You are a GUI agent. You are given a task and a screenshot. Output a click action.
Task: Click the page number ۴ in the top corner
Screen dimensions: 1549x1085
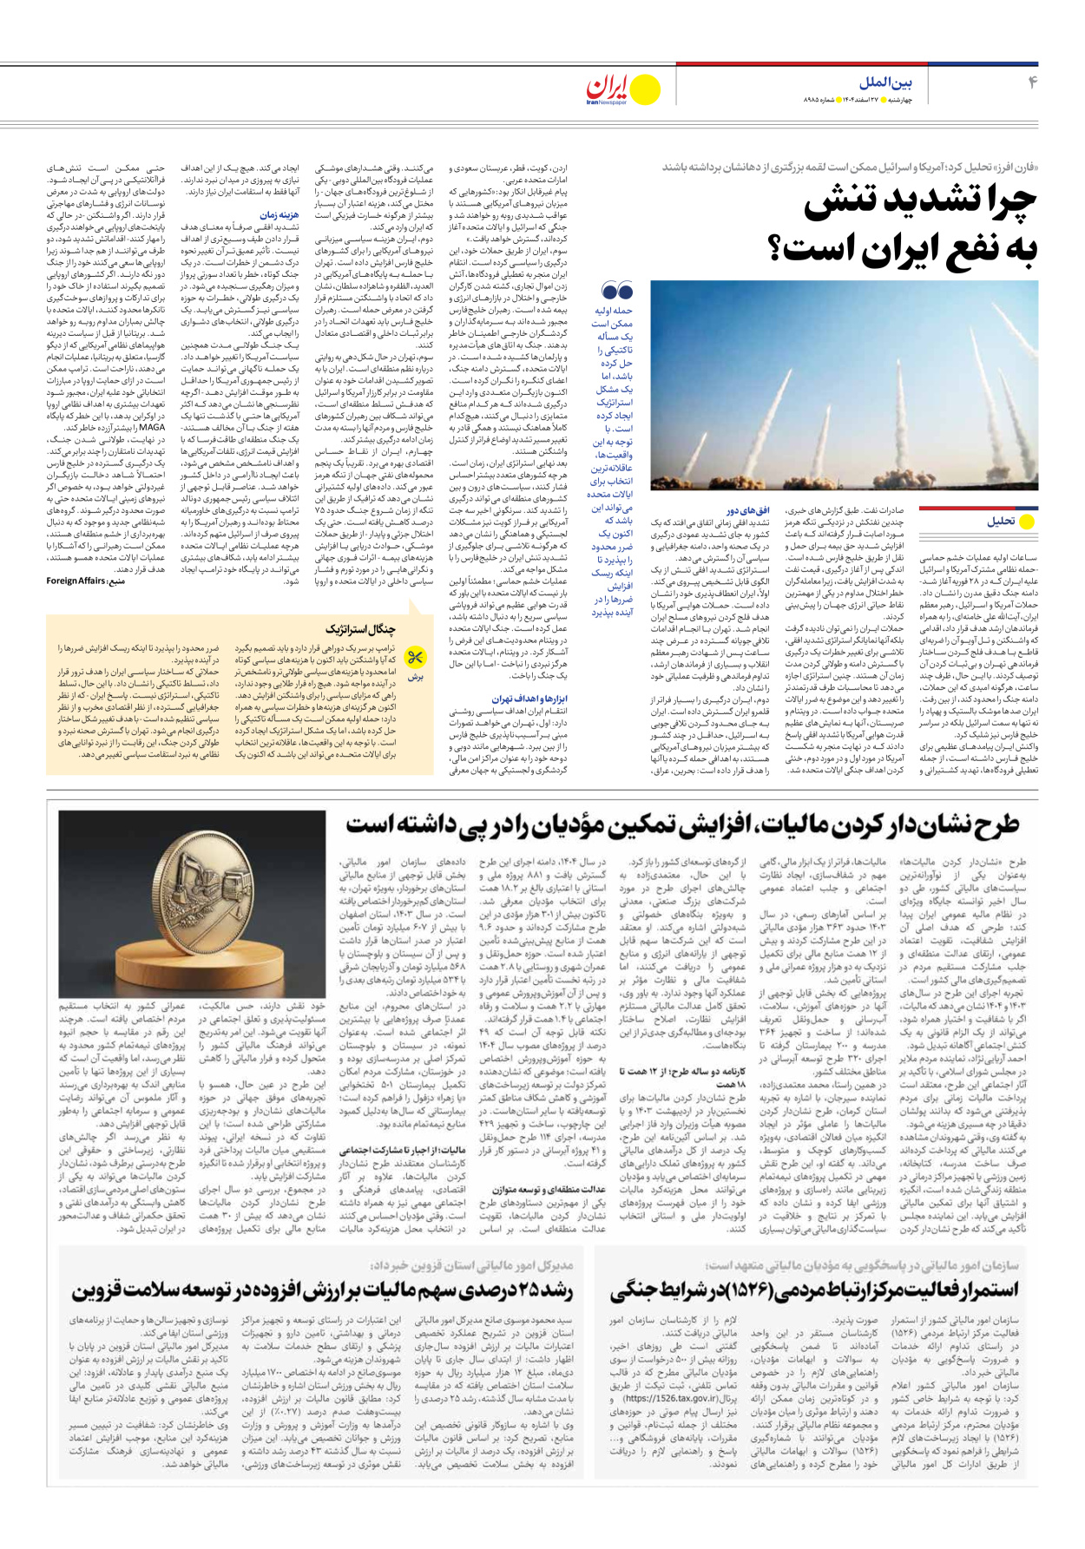[1032, 82]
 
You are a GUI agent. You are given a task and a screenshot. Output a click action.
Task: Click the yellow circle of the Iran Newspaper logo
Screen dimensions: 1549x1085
[644, 89]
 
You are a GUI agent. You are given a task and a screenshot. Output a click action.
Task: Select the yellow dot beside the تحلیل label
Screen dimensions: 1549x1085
[1027, 522]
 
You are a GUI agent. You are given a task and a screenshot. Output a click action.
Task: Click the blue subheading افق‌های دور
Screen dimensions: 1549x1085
[748, 511]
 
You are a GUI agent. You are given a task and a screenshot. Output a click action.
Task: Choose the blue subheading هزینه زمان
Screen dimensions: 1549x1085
[279, 214]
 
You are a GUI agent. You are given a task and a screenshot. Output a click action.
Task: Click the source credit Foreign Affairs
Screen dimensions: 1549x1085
[76, 581]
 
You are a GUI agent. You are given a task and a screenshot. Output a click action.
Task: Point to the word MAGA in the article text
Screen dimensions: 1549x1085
[152, 427]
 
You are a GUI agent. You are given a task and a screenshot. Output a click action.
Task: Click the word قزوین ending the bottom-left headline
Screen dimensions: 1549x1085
[99, 1290]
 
